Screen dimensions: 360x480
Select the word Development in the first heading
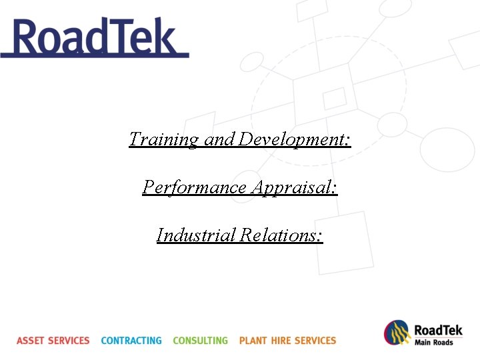293,139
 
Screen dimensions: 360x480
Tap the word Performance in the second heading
195,187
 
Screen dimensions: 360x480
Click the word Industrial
196,235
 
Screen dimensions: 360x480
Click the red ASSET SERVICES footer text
53,341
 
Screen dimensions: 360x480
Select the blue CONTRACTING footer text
131,341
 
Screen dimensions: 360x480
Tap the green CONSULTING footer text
200,341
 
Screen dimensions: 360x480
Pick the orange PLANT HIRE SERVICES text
287,341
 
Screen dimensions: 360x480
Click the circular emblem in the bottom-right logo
397,333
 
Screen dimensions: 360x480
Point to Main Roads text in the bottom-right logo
433,343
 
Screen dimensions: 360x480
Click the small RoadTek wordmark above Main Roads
438,330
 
